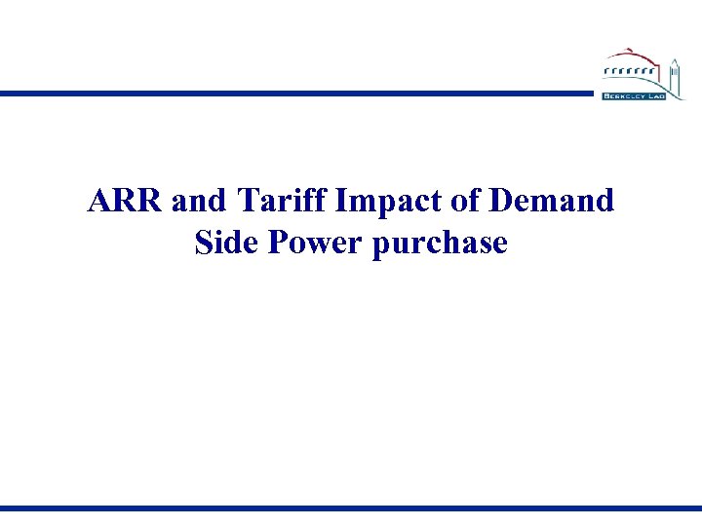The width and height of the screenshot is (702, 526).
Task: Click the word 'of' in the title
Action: [451, 202]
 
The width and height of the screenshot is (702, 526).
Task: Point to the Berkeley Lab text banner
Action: [634, 96]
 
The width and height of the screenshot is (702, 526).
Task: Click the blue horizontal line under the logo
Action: [292, 94]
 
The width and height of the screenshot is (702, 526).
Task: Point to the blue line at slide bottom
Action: [351, 508]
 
